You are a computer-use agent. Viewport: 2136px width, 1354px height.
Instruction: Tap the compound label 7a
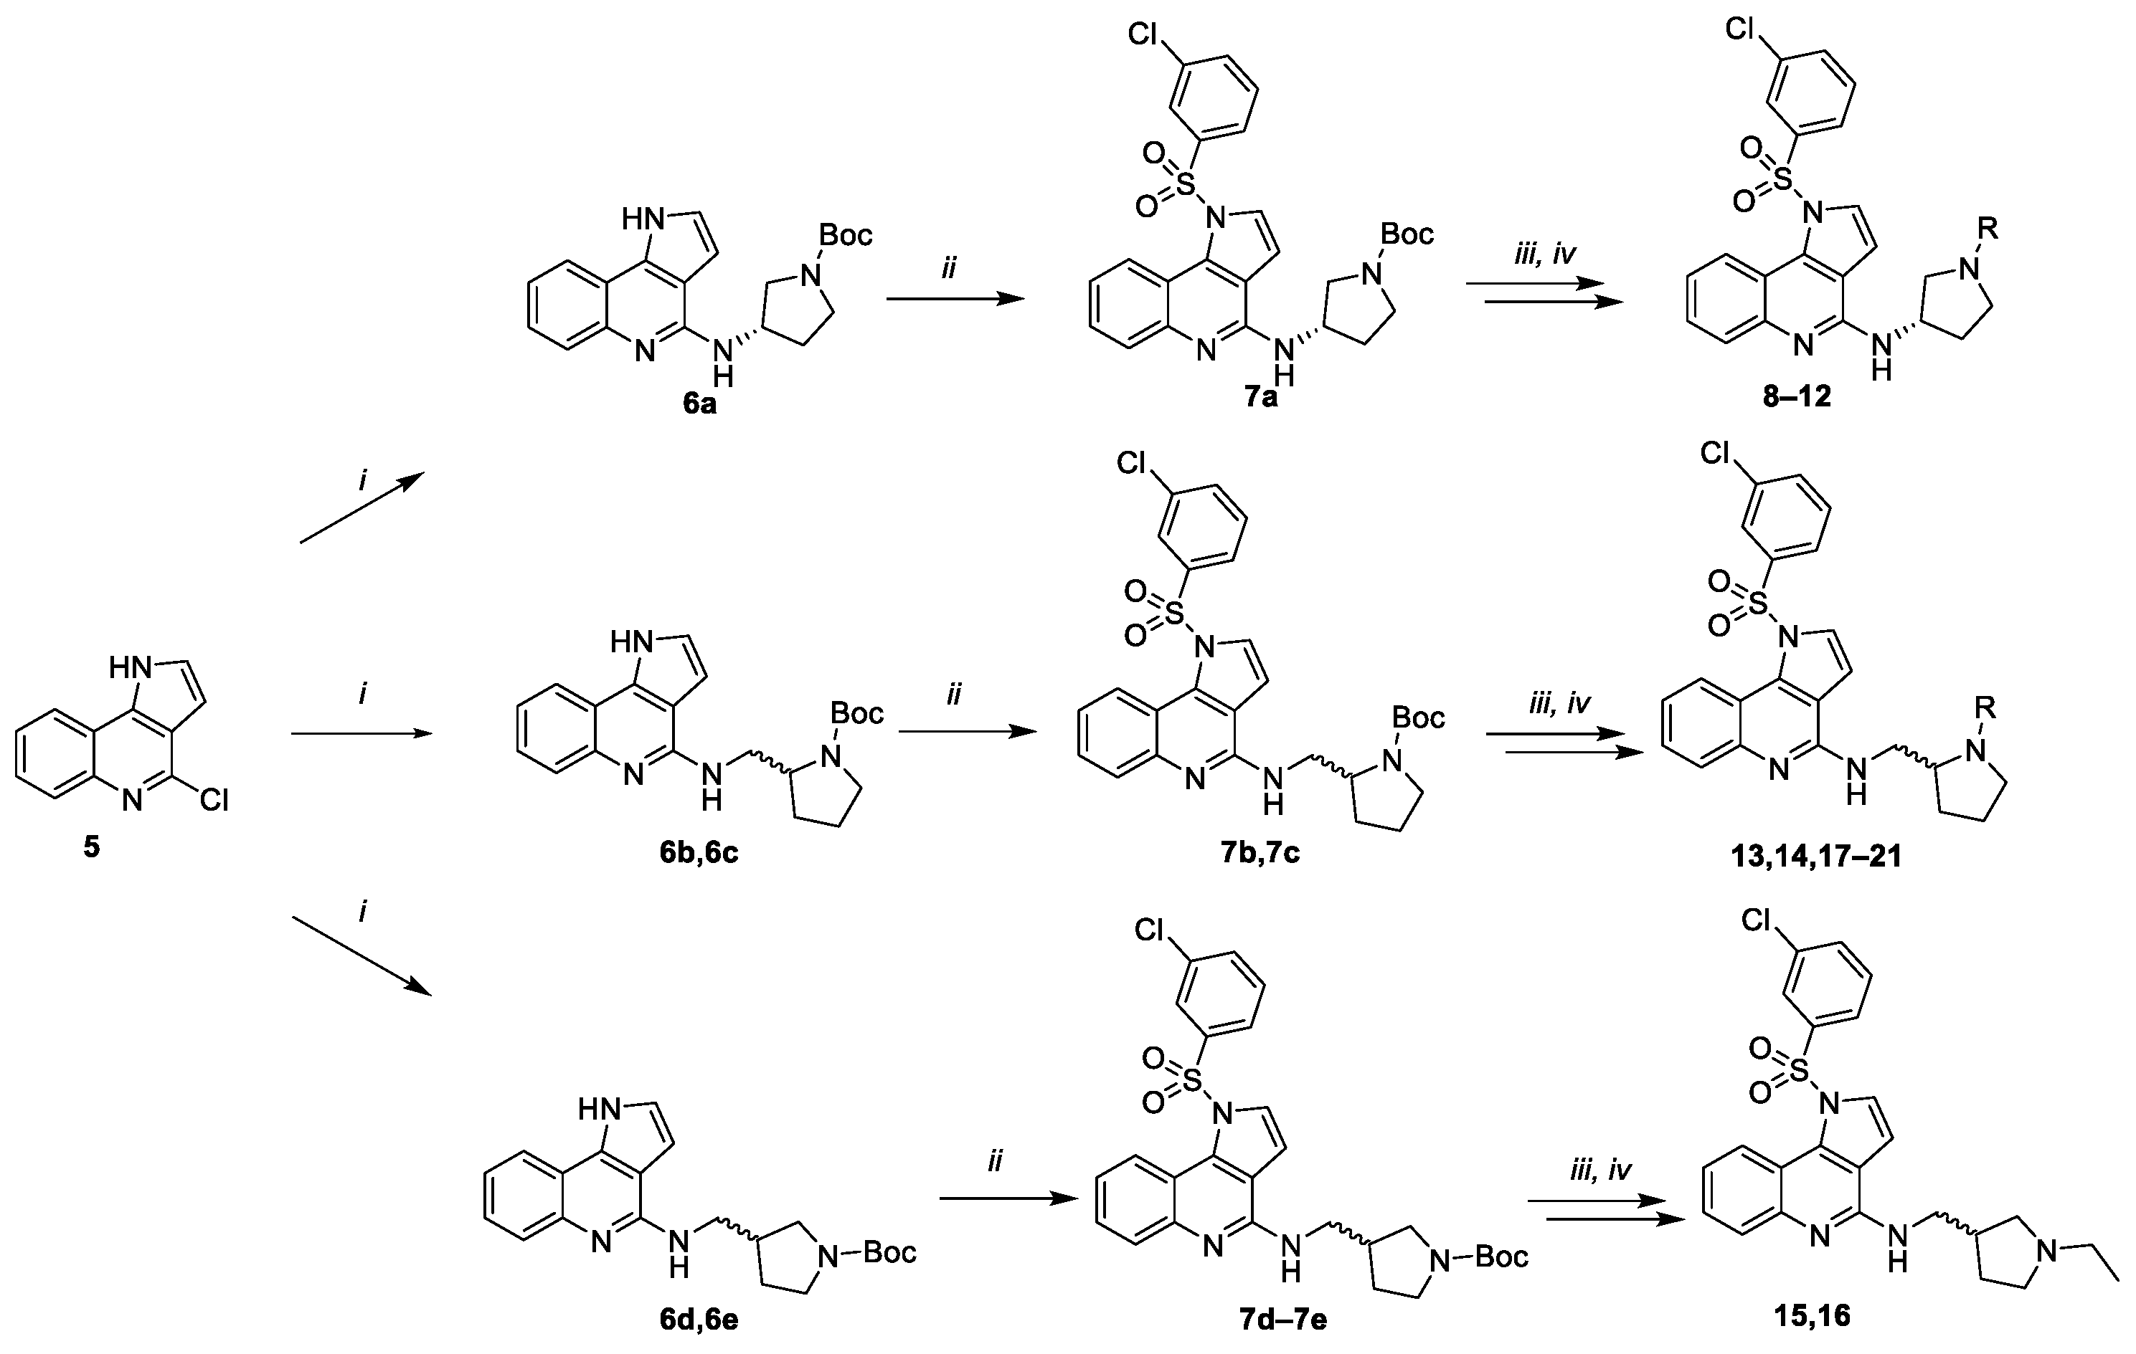click(1260, 396)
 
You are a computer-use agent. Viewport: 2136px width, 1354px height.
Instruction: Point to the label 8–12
click(1796, 396)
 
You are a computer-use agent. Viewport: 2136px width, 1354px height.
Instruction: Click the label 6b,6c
click(699, 854)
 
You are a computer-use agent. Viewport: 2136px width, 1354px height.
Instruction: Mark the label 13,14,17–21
click(1802, 857)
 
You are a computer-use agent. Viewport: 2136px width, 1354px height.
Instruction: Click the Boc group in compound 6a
click(846, 235)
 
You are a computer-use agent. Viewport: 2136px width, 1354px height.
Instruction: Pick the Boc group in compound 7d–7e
click(1500, 1256)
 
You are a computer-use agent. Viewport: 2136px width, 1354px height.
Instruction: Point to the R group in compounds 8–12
click(1988, 229)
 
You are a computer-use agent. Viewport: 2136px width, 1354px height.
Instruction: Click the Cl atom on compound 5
click(214, 801)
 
